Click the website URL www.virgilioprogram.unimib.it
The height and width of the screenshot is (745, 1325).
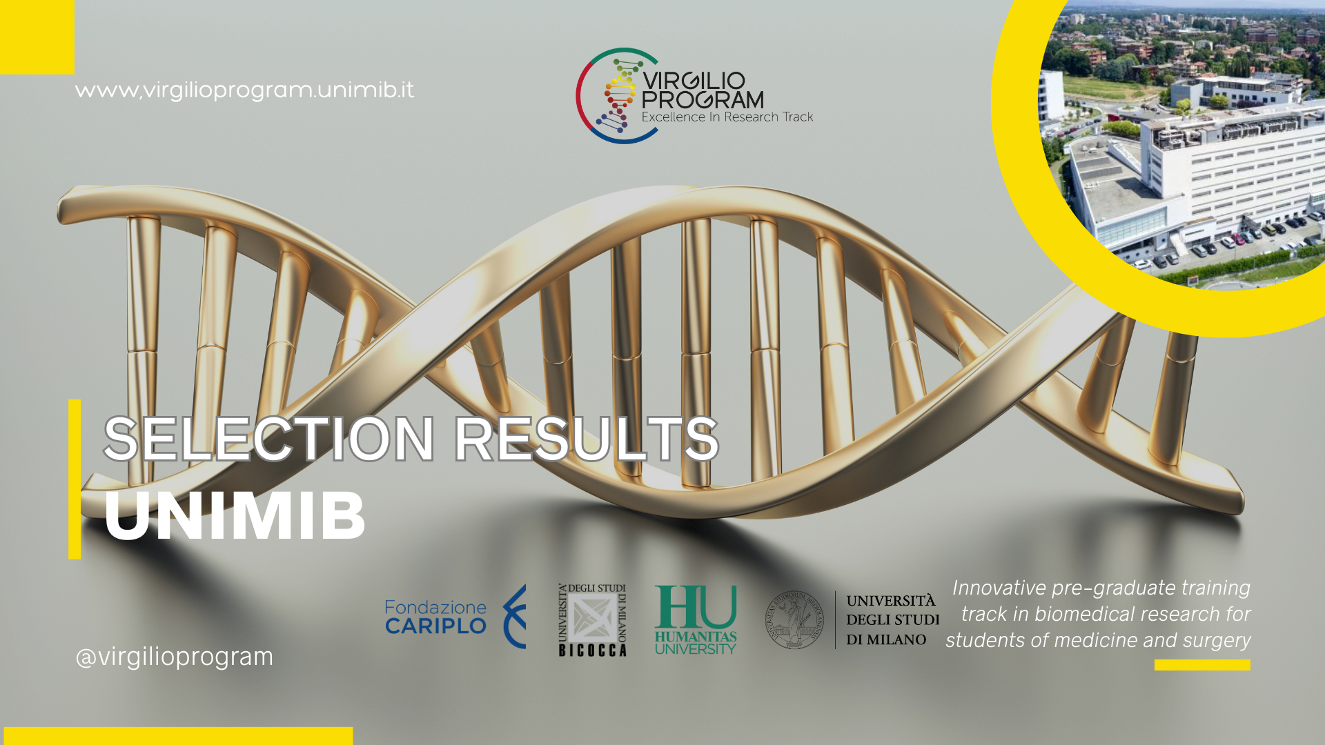point(244,90)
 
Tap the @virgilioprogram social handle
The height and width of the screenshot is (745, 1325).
point(174,657)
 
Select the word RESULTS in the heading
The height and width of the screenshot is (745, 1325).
point(586,439)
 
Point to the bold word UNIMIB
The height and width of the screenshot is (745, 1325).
point(235,515)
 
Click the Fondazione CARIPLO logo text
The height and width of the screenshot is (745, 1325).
point(435,617)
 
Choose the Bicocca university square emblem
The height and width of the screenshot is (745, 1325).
point(592,619)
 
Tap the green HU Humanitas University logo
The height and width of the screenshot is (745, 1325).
point(696,619)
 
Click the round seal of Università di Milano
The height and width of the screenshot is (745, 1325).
point(795,619)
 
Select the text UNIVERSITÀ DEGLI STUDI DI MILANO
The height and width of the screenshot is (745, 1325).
point(892,620)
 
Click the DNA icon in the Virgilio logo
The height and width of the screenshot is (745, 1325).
point(618,96)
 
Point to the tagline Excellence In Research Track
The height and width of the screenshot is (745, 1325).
point(727,117)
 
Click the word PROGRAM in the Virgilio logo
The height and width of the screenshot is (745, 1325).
point(703,100)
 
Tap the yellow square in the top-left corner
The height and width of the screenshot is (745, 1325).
point(37,37)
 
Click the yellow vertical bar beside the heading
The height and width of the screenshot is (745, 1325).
point(75,479)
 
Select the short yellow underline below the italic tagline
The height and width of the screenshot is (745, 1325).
point(1202,665)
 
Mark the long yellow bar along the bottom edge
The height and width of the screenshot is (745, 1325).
point(178,736)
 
